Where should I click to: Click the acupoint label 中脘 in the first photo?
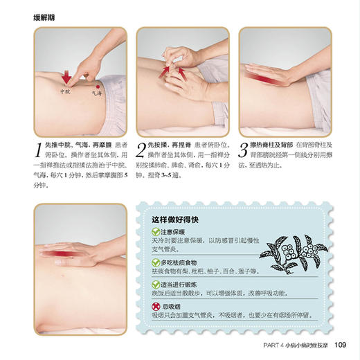pyautogui.click(x=64, y=91)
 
